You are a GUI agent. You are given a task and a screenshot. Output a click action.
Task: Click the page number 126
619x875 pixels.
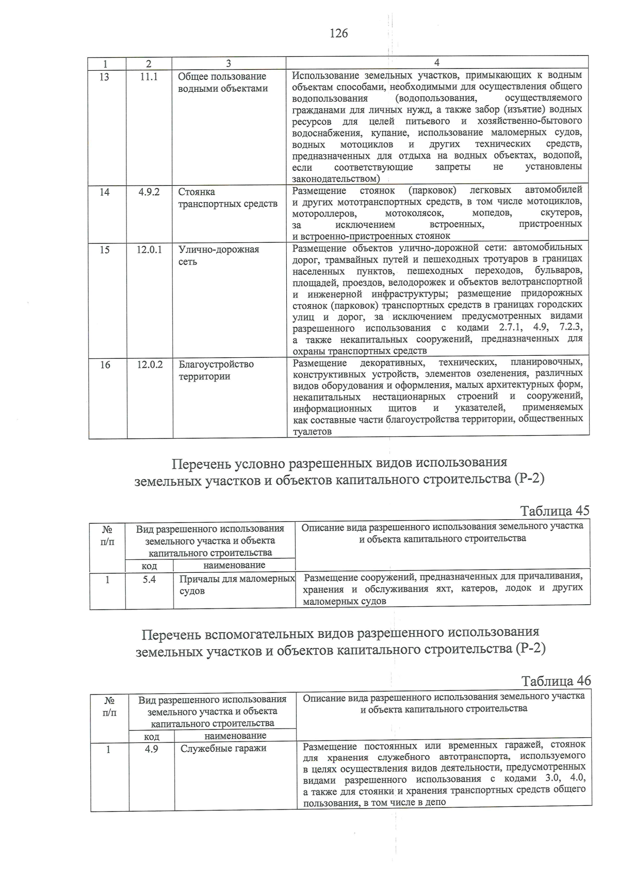338,34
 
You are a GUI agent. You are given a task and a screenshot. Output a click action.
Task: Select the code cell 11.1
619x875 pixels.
149,77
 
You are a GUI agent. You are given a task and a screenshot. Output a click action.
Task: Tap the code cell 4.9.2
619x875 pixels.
149,192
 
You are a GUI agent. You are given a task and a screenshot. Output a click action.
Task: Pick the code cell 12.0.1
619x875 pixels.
149,250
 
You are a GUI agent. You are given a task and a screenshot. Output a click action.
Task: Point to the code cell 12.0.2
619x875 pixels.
150,365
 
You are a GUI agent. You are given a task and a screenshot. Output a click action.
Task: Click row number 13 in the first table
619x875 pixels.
104,77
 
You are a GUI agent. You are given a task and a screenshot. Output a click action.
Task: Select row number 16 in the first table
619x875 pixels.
105,365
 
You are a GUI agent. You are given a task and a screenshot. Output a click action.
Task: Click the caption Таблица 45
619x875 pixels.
555,511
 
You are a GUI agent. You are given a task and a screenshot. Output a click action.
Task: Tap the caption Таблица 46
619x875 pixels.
556,681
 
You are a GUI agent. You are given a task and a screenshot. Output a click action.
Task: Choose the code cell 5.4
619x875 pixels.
149,580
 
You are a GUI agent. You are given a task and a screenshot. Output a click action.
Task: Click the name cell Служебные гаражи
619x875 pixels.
223,749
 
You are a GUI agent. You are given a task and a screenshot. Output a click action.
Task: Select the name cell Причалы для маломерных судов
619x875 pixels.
237,585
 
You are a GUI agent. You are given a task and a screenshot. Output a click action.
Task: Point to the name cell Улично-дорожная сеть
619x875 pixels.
219,255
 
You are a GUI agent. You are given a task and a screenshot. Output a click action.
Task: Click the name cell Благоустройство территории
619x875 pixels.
216,370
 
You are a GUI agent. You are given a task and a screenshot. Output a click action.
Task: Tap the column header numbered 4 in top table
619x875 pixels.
437,63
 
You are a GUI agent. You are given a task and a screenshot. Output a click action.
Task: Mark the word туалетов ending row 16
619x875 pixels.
312,432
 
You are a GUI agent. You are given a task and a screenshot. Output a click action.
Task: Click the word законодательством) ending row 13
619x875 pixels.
336,179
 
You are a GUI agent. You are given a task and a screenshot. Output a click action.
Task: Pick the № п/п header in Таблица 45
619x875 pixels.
107,536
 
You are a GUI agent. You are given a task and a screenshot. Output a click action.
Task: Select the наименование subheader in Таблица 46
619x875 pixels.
235,736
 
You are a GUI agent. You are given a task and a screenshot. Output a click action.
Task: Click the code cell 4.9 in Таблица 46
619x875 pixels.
151,749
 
